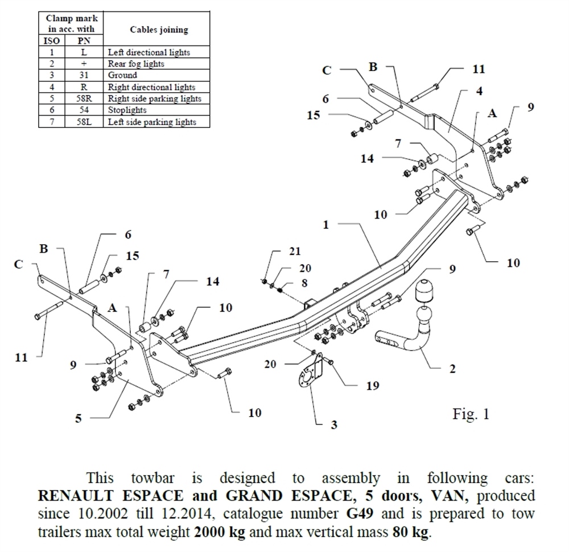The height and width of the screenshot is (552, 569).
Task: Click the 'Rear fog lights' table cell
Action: pyautogui.click(x=136, y=63)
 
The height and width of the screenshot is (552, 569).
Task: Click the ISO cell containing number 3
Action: pyautogui.click(x=51, y=75)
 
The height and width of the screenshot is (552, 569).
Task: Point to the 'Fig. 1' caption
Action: pyautogui.click(x=471, y=414)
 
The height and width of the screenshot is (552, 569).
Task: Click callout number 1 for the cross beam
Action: pyautogui.click(x=326, y=225)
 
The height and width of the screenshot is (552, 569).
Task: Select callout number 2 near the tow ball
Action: pyautogui.click(x=452, y=369)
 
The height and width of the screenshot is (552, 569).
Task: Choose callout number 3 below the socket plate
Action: pyautogui.click(x=334, y=425)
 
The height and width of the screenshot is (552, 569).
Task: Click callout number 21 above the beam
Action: pyautogui.click(x=294, y=251)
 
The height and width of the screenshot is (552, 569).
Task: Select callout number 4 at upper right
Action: pyautogui.click(x=480, y=91)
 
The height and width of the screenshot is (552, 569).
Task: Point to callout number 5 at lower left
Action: pyautogui.click(x=79, y=418)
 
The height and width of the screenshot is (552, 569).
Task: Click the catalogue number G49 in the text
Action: pyautogui.click(x=358, y=514)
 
